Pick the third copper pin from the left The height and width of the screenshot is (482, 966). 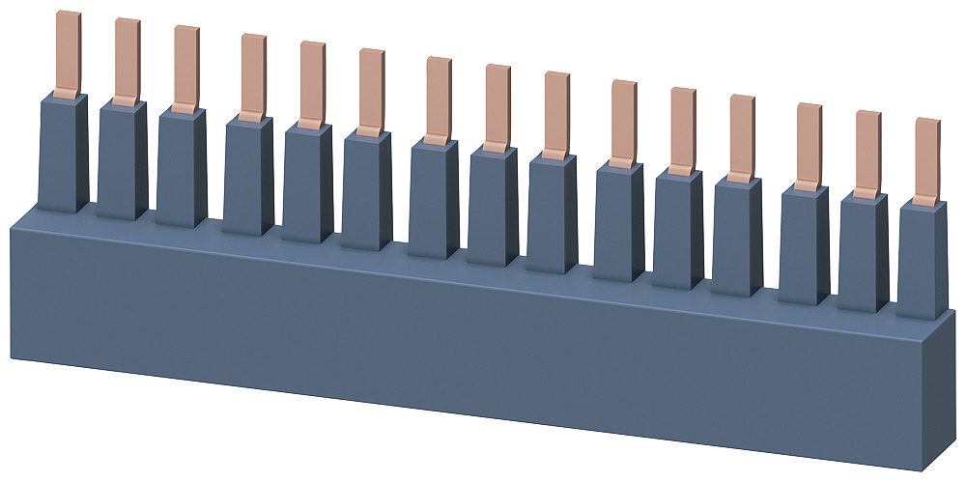(x=186, y=67)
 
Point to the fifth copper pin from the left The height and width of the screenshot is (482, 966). (x=312, y=83)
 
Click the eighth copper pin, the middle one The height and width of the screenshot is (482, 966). (x=497, y=105)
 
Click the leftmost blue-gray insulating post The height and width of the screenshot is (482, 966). (x=63, y=155)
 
